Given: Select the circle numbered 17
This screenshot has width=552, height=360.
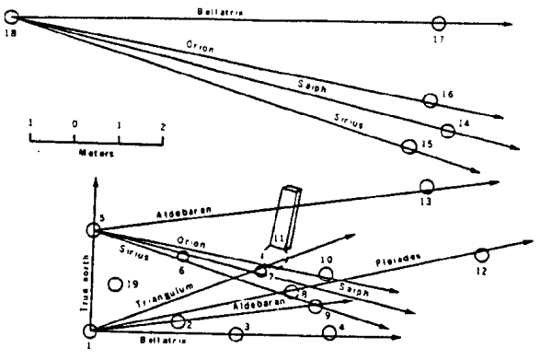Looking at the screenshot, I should pyautogui.click(x=438, y=23).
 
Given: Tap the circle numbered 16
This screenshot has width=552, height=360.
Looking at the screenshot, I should pyautogui.click(x=429, y=99).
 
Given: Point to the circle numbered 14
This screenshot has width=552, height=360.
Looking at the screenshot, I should pyautogui.click(x=447, y=131).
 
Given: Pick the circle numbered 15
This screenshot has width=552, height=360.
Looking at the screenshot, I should pyautogui.click(x=409, y=145).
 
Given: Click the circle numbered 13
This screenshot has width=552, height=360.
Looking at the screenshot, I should pyautogui.click(x=426, y=186).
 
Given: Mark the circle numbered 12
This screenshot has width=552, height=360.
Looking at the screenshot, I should pyautogui.click(x=480, y=254).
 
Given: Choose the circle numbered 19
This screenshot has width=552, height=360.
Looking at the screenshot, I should pyautogui.click(x=115, y=285).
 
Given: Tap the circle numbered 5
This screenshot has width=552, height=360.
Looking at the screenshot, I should pyautogui.click(x=92, y=230).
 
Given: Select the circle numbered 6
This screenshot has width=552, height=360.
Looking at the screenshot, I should pyautogui.click(x=182, y=257).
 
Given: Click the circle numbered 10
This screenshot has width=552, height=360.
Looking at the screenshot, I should pyautogui.click(x=326, y=273).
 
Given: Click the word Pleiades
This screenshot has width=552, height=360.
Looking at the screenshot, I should pyautogui.click(x=397, y=262).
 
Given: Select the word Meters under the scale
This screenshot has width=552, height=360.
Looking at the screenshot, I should pyautogui.click(x=96, y=155).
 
